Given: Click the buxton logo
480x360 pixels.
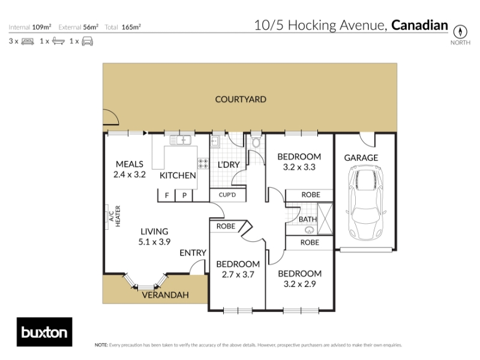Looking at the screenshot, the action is coord(44,332).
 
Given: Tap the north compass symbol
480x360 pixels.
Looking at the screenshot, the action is coord(460,32).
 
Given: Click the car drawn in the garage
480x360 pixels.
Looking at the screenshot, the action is coord(366,203).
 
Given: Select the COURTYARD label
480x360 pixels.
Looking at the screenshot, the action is coord(241,99).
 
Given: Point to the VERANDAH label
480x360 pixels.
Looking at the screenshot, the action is coord(166,295).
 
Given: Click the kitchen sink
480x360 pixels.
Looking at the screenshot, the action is coord(181,140).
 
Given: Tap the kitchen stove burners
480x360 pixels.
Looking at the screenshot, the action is coord(203,163).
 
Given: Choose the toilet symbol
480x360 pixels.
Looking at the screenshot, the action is coord(256,142).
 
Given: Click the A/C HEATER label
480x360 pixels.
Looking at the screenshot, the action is coord(115,216).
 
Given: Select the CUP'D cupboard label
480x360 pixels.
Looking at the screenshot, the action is coord(227,195).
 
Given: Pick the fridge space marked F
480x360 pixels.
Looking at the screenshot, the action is coord(167,196).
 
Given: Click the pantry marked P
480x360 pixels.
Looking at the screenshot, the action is coord(184,196).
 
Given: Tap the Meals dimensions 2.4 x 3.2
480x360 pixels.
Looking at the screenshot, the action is coord(130,175).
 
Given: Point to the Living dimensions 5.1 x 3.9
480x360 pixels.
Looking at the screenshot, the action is coord(154,242).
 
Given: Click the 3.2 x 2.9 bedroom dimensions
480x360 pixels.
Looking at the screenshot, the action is coord(299,284).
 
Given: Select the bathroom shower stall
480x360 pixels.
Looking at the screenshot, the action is coord(325,218).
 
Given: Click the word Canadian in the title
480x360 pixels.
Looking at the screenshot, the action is coord(419,25).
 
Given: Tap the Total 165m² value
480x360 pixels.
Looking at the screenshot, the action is coord(131,27).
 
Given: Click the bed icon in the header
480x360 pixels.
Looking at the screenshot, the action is coord(28,41).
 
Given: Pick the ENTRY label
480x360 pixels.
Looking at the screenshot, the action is coord(193,253).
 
